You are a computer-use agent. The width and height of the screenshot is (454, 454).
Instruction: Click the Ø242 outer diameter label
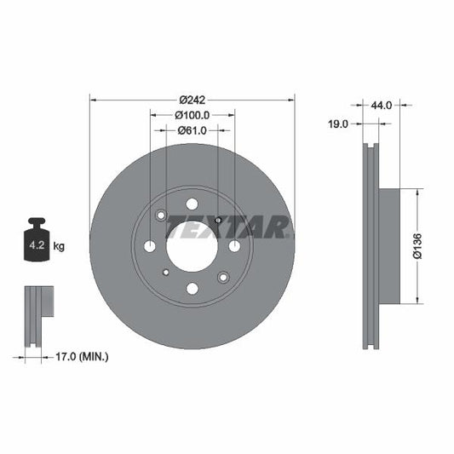[192, 100]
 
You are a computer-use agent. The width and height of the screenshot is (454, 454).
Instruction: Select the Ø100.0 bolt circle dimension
[192, 115]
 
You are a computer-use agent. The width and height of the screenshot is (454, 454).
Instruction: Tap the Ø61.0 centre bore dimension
[192, 130]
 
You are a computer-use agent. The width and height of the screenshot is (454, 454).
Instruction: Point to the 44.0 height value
[381, 106]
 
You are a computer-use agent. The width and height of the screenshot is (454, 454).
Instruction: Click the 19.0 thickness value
[338, 124]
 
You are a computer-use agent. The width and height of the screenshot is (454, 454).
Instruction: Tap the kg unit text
[60, 246]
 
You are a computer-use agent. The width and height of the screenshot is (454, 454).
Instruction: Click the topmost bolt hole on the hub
[192, 204]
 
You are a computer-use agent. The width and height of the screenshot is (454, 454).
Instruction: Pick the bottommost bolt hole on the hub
[192, 289]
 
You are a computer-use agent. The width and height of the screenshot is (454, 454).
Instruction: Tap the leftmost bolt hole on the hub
[150, 246]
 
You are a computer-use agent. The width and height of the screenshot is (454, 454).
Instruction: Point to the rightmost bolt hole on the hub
[234, 246]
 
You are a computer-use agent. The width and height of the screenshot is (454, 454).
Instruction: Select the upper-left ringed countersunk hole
[161, 216]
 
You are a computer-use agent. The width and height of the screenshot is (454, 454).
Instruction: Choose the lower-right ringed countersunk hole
[223, 277]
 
